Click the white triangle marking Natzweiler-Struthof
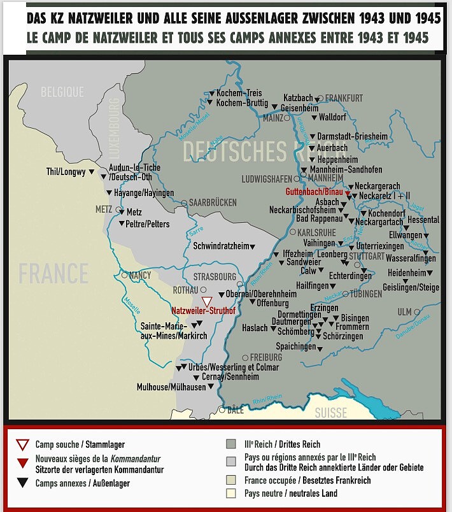click(206, 302)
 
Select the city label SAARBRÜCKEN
click(213, 203)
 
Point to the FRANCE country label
click(53, 274)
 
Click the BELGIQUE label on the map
click(62, 92)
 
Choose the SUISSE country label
click(331, 413)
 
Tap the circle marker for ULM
click(417, 312)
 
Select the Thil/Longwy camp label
click(66, 172)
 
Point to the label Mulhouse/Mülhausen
click(171, 387)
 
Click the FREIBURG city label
click(265, 357)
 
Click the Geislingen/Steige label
click(411, 287)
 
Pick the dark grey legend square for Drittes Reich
click(231, 444)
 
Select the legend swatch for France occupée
click(231, 479)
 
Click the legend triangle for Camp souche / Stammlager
click(23, 444)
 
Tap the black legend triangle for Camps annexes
click(23, 483)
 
